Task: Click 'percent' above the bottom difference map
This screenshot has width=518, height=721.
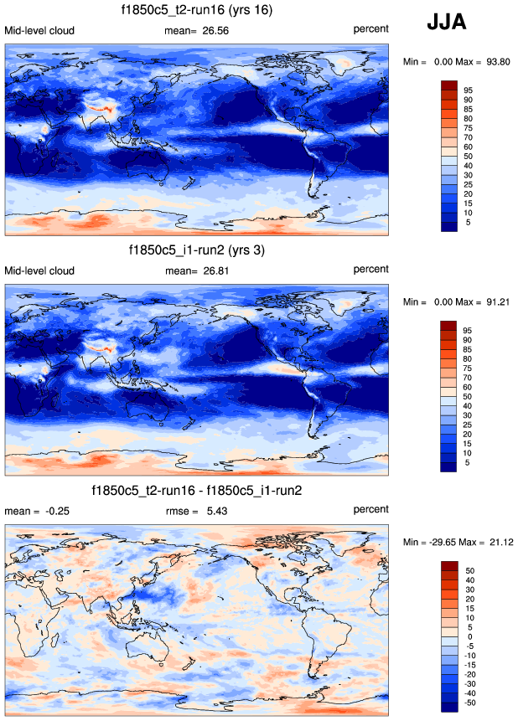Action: [370, 510]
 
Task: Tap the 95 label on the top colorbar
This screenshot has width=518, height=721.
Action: [469, 90]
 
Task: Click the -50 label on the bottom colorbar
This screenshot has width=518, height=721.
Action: [469, 703]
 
